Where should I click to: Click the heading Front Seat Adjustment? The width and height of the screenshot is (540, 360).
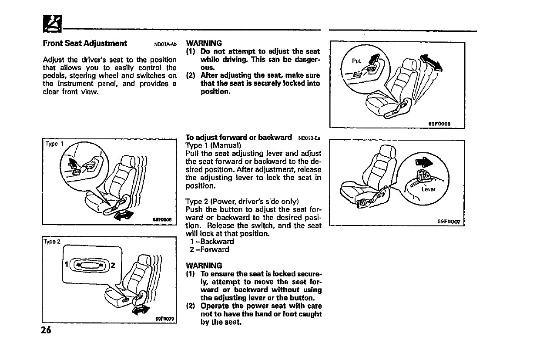click(x=85, y=44)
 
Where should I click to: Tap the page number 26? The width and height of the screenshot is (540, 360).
click(x=46, y=330)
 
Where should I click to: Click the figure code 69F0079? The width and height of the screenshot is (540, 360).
click(x=164, y=319)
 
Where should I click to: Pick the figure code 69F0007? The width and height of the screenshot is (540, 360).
click(x=448, y=222)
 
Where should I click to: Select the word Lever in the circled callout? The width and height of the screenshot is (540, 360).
click(x=428, y=189)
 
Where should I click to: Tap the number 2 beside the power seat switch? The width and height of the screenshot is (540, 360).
click(x=112, y=264)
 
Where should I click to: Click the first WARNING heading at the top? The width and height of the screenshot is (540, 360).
click(x=204, y=43)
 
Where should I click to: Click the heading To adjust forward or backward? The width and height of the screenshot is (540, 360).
click(x=238, y=138)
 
